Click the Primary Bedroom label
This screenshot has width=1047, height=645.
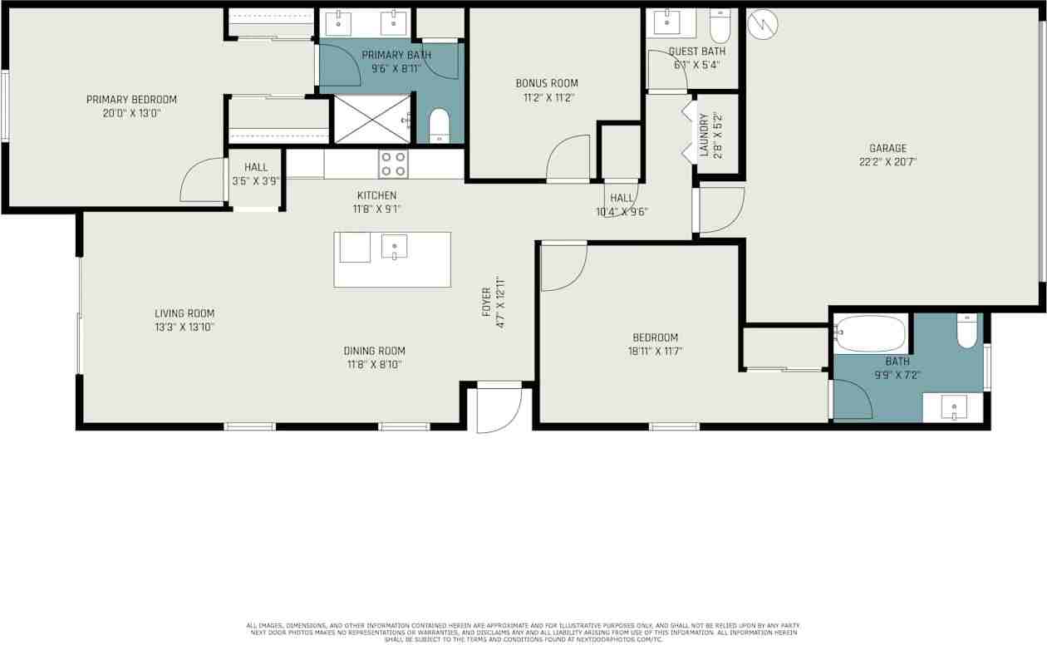pyautogui.click(x=131, y=100)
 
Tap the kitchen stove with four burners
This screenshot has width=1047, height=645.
pyautogui.click(x=393, y=164)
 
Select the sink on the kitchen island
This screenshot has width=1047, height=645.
pyautogui.click(x=394, y=246)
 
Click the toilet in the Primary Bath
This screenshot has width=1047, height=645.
pyautogui.click(x=440, y=126)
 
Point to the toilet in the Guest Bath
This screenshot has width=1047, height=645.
pyautogui.click(x=720, y=27)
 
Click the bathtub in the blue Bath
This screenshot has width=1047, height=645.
pyautogui.click(x=871, y=333)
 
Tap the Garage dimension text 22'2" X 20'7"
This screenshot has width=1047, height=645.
pyautogui.click(x=887, y=163)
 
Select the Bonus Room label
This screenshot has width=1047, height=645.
pyautogui.click(x=546, y=83)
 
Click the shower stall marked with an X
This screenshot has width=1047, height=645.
pyautogui.click(x=372, y=119)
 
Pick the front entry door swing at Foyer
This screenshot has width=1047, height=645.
pyautogui.click(x=499, y=409)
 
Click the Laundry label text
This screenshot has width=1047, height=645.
pyautogui.click(x=704, y=135)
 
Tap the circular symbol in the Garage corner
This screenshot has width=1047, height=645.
pyautogui.click(x=762, y=25)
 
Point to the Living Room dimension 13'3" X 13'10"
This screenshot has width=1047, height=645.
pyautogui.click(x=184, y=327)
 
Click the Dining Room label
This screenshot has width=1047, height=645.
pyautogui.click(x=376, y=351)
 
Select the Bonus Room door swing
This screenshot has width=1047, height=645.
pyautogui.click(x=568, y=160)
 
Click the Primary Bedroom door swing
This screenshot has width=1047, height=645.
pyautogui.click(x=203, y=180)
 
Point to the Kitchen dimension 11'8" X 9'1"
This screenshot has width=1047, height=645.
pyautogui.click(x=376, y=209)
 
